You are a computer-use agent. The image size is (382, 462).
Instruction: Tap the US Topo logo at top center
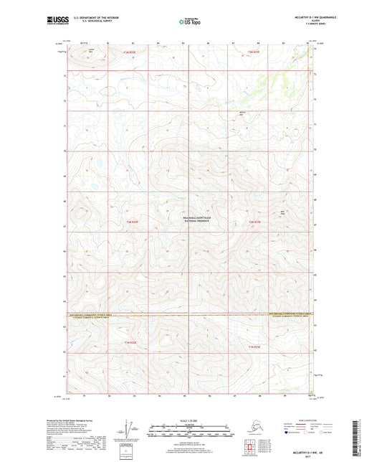191,22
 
